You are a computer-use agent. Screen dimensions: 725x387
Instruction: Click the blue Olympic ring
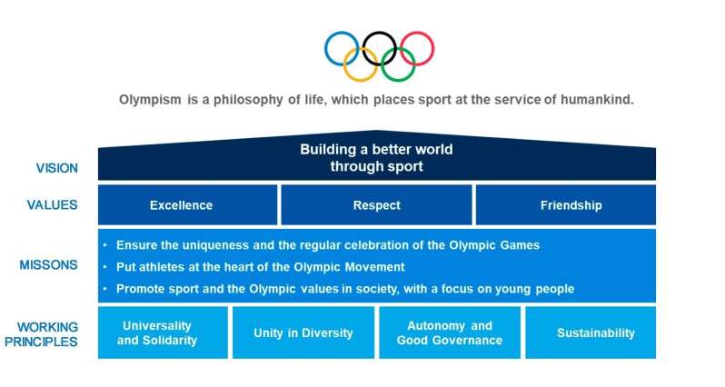click(325, 48)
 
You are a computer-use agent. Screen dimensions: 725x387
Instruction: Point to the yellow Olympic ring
click(360, 80)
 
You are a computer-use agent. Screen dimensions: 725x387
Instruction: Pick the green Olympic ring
click(398, 80)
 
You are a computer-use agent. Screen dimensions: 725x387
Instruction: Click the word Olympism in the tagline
click(150, 100)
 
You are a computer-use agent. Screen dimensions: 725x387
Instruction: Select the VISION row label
click(57, 168)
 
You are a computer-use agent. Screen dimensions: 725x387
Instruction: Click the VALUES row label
click(53, 204)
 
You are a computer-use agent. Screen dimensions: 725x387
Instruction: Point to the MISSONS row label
click(48, 265)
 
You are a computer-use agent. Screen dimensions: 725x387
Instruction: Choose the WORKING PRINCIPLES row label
click(41, 334)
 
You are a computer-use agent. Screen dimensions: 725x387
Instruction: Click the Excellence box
click(188, 204)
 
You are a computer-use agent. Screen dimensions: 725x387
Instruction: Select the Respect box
click(376, 204)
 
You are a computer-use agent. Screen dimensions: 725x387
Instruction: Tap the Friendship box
click(566, 204)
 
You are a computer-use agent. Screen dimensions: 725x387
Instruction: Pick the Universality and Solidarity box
click(163, 332)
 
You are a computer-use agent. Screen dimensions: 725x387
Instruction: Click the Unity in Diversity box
click(303, 332)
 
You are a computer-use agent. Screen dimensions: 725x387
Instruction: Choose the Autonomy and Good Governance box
click(450, 332)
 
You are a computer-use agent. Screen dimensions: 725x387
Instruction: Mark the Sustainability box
click(591, 332)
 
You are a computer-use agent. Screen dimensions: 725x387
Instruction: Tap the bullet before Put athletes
click(105, 267)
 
